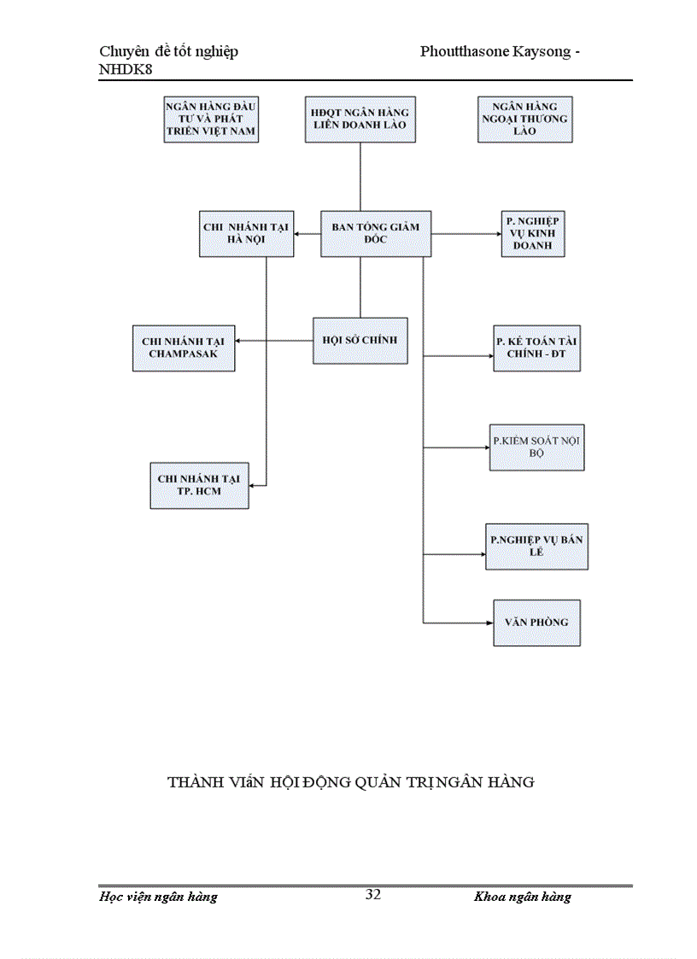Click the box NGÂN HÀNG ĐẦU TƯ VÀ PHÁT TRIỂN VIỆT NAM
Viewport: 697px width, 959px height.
coord(211,120)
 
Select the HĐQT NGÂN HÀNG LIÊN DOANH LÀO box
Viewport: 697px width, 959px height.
coord(360,119)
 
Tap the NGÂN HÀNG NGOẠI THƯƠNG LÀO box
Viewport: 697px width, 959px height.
coord(524,119)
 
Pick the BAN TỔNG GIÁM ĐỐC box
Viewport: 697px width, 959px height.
coord(376,233)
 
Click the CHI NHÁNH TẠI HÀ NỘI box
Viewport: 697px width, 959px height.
coord(246,233)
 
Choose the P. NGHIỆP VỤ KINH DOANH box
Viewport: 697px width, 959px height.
coord(534,233)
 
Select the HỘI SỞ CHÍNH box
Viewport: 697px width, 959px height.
coord(360,340)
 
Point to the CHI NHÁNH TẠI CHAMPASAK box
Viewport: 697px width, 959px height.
coord(184,348)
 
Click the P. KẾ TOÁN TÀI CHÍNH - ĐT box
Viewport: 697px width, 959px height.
coord(536,348)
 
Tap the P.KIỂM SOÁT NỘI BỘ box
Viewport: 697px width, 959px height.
coord(536,447)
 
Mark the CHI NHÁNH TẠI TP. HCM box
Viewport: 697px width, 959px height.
coord(199,486)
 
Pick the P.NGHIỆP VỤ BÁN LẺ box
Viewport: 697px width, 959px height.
coord(536,547)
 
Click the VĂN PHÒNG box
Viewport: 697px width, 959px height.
coord(536,623)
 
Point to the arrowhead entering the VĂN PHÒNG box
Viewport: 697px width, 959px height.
coord(489,623)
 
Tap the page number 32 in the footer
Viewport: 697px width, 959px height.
coord(373,895)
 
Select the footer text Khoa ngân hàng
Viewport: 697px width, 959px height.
coord(522,897)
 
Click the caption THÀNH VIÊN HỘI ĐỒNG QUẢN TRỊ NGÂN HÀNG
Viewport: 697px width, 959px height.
coord(351,782)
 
